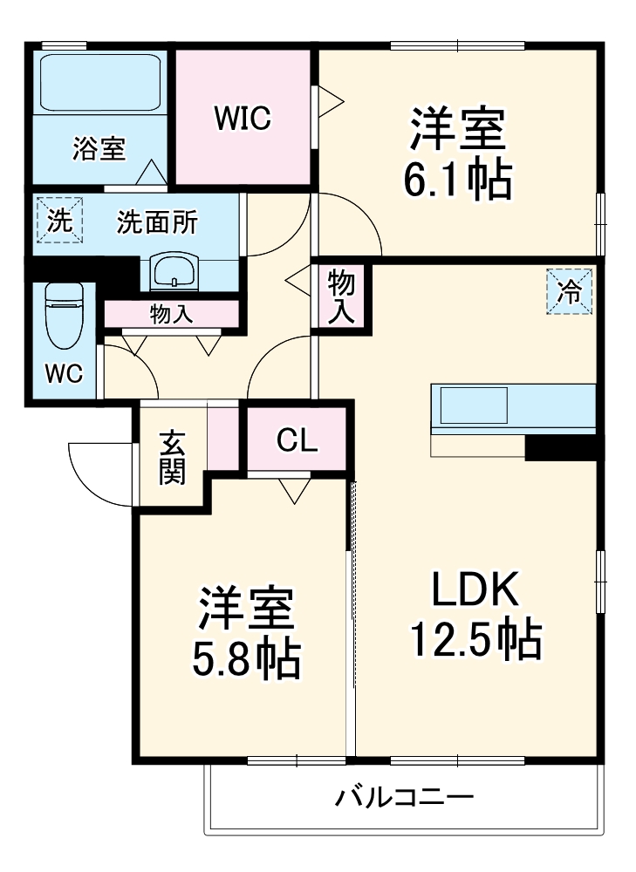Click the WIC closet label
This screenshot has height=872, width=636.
pyautogui.click(x=243, y=118)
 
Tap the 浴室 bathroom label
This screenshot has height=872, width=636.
pyautogui.click(x=99, y=149)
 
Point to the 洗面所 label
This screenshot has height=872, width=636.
pyautogui.click(x=157, y=223)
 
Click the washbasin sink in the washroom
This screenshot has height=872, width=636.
pyautogui.click(x=176, y=272)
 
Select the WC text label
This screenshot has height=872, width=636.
pyautogui.click(x=64, y=374)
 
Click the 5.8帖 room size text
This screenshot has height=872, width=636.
pyautogui.click(x=246, y=659)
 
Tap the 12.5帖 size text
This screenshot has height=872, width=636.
pyautogui.click(x=476, y=641)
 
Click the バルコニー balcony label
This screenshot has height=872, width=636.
pyautogui.click(x=404, y=797)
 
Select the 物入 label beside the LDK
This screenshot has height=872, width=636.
pyautogui.click(x=340, y=296)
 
